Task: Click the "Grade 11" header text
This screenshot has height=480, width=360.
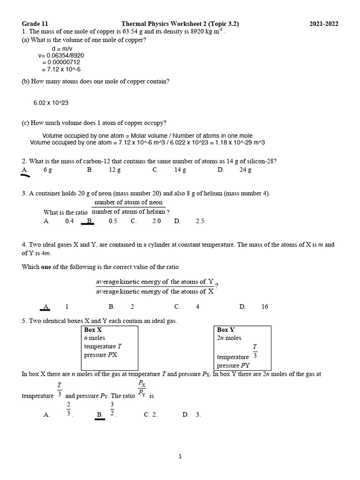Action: point(35,24)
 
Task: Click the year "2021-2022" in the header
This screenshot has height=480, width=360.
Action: point(324,24)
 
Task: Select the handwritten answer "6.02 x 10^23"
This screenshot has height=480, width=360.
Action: point(51,102)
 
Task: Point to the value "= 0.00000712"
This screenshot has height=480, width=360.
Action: point(61,62)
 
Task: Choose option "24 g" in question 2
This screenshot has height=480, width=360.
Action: point(245,170)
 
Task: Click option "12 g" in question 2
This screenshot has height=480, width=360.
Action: point(115,170)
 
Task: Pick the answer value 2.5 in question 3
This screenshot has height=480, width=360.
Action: point(200,221)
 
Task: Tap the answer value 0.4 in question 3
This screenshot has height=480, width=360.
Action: point(69,221)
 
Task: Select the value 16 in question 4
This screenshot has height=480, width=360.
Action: point(265,307)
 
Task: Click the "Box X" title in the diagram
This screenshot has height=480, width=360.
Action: point(93,330)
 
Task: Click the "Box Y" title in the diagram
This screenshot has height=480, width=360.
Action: point(226,330)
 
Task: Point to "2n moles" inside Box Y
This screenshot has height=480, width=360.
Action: point(229,338)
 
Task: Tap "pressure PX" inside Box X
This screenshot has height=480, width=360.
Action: point(100,355)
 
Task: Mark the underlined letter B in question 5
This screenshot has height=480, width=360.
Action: point(100,415)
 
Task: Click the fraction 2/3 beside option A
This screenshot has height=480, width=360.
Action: point(68,409)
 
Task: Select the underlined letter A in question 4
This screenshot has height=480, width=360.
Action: point(46,307)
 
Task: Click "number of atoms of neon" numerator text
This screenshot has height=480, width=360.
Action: point(128,202)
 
